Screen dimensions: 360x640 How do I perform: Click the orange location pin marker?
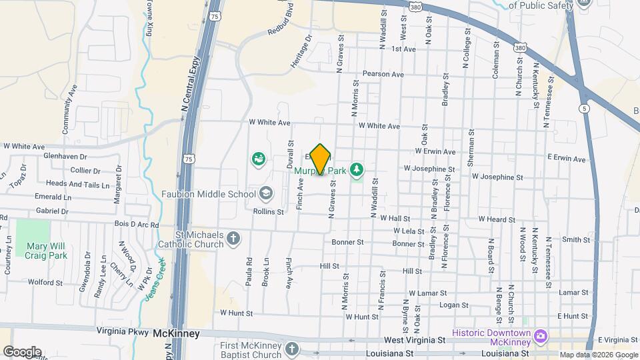tap(321, 159)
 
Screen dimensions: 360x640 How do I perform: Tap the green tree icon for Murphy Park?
tap(357, 170)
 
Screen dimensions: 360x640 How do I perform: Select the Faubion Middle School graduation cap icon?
tap(266, 194)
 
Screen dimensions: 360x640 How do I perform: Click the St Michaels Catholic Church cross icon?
tap(233, 239)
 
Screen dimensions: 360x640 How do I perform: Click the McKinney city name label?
tap(176, 333)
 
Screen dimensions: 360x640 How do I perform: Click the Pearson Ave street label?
tap(383, 74)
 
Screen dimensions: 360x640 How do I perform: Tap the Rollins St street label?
tap(268, 211)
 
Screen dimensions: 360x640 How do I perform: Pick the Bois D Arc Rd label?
tap(136, 225)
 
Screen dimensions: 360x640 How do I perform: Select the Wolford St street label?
tap(45, 283)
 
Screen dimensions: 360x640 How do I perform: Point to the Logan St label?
tap(455, 305)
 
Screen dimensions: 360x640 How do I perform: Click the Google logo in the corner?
tap(21, 351)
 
